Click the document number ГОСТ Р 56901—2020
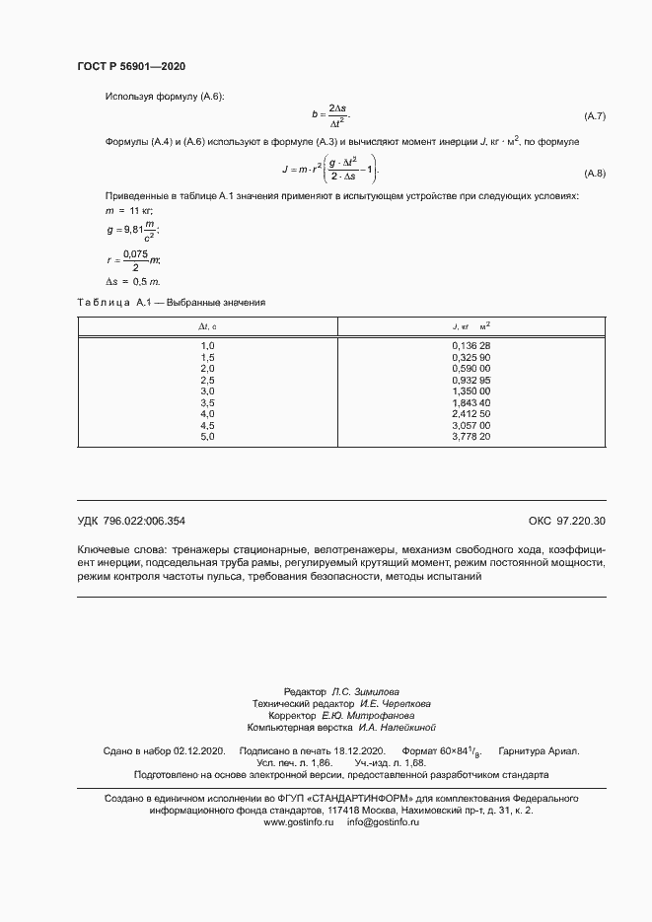(x=130, y=66)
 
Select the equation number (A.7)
(x=595, y=117)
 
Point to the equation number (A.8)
(x=595, y=174)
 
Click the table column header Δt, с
(x=207, y=325)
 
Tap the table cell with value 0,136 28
(x=471, y=345)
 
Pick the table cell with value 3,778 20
(x=471, y=436)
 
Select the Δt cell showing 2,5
(x=207, y=379)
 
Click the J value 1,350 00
(x=471, y=390)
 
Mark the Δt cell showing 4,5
(x=207, y=424)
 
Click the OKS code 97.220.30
(x=582, y=521)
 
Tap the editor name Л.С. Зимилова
(x=365, y=692)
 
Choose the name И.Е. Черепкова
(x=395, y=704)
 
